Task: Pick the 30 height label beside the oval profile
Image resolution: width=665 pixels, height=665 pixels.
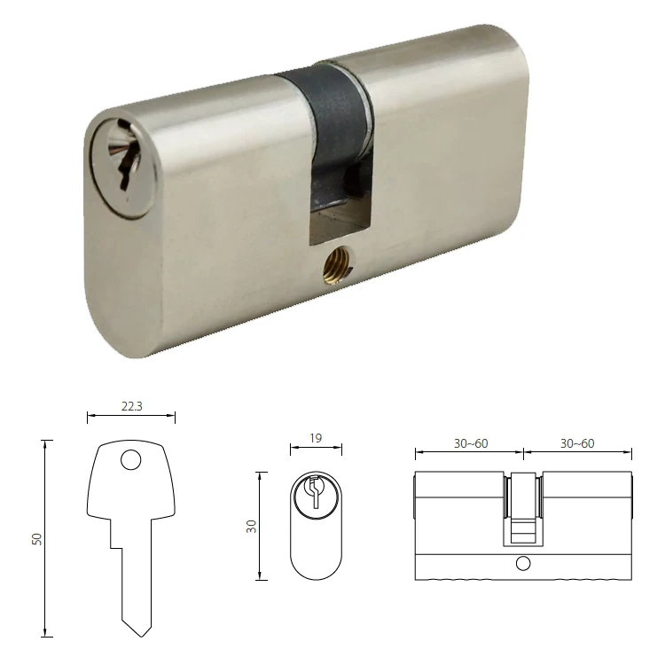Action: point(251,527)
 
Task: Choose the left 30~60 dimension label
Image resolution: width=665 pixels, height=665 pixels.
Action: point(471,443)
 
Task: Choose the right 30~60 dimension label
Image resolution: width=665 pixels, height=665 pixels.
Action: point(577,443)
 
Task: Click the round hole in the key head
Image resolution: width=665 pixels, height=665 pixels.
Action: point(130,459)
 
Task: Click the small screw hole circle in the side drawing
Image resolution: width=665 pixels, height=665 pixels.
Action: point(522,564)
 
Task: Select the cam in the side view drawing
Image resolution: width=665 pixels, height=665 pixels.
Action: point(522,510)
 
